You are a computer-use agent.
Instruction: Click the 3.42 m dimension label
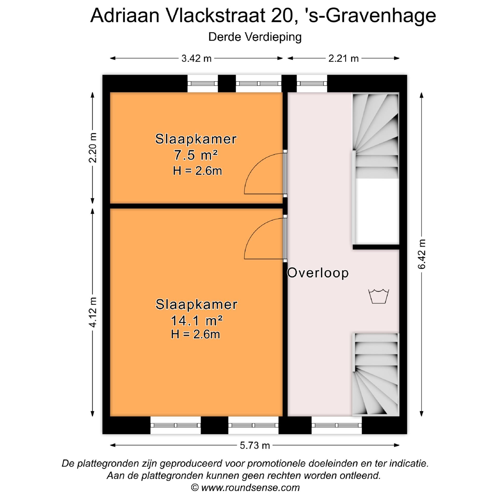[196, 59]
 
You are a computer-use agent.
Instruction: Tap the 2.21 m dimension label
[343, 59]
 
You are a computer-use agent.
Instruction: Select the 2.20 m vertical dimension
[93, 148]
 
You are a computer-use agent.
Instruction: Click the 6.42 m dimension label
[422, 254]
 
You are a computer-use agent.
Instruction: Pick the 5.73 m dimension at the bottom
[255, 446]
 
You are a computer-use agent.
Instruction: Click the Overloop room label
[318, 273]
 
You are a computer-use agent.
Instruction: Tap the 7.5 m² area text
[196, 155]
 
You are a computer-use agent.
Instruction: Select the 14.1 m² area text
[196, 321]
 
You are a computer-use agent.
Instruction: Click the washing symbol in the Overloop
[379, 296]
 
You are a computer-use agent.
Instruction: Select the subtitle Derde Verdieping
[255, 37]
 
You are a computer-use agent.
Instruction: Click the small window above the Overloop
[312, 83]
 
